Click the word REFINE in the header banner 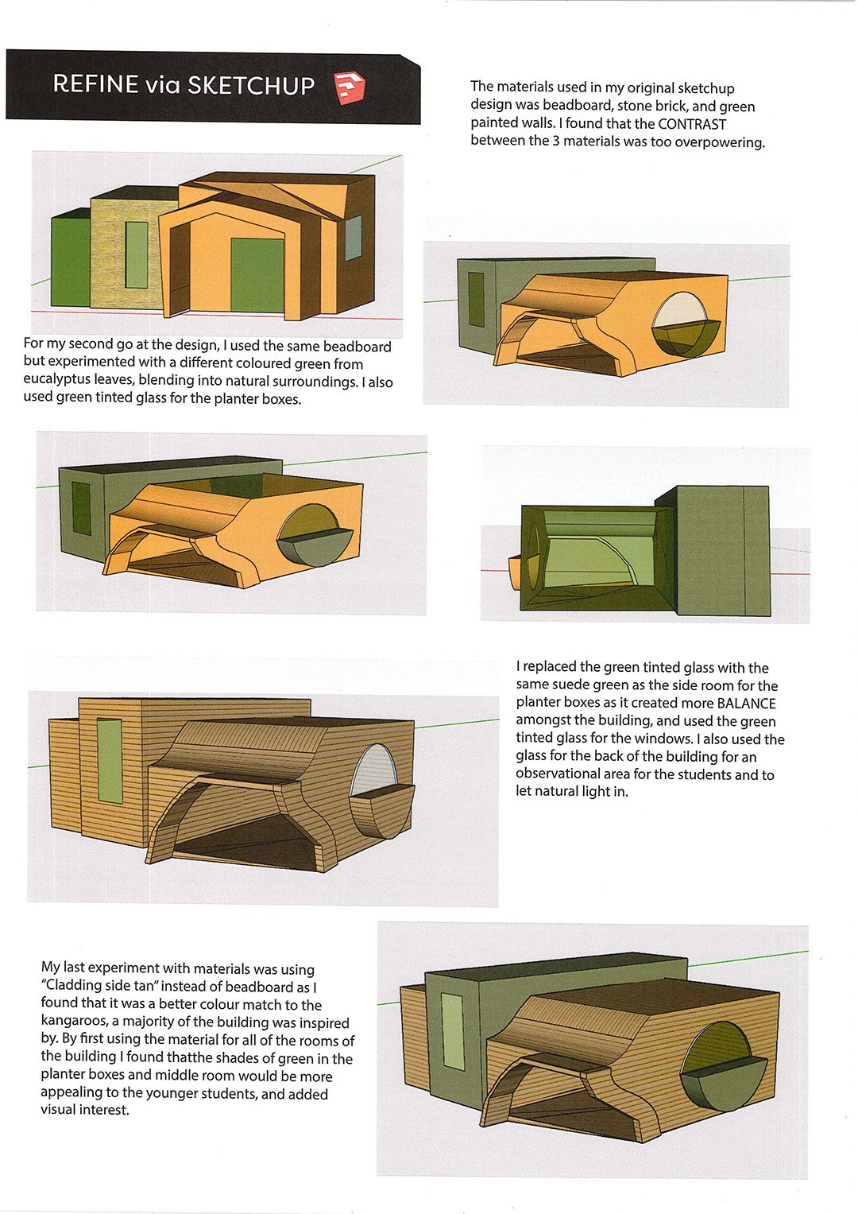click(x=95, y=84)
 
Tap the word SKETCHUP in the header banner click(x=251, y=85)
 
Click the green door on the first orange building click(x=257, y=275)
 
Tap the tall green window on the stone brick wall click(x=137, y=254)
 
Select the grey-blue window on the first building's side click(x=354, y=238)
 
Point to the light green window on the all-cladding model click(x=109, y=759)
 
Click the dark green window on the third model click(x=81, y=509)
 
